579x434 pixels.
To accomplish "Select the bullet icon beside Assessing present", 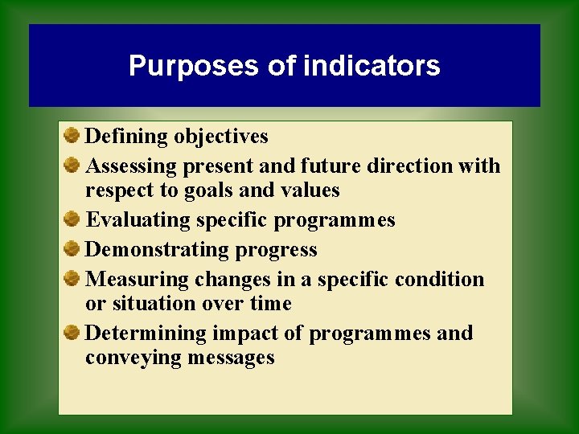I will point(72,165).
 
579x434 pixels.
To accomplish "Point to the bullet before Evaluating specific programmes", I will point(72,219).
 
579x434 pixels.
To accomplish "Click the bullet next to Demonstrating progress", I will point(72,248).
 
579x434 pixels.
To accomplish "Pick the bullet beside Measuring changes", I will point(72,278).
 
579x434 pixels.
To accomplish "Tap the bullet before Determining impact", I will point(72,332).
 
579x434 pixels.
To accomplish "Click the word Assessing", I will point(132,166).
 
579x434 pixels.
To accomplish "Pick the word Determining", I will point(146,334).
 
